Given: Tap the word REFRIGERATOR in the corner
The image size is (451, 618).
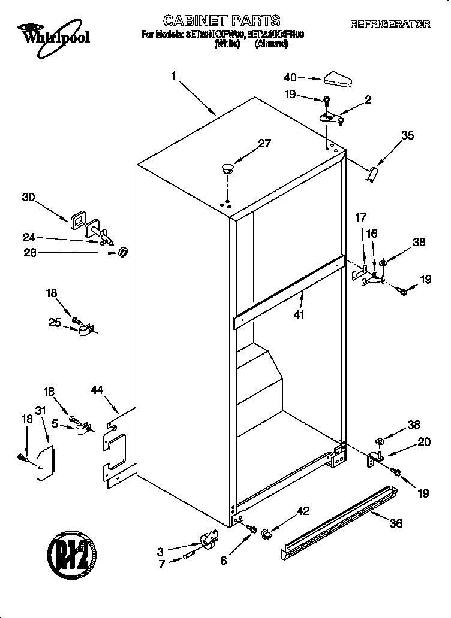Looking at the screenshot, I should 390,25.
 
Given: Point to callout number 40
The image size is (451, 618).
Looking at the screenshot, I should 290,77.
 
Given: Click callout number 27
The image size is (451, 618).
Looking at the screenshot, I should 264,143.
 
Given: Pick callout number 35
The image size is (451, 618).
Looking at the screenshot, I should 407,135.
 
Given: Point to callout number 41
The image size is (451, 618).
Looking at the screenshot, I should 299,314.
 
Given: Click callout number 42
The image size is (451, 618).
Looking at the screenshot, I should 304,510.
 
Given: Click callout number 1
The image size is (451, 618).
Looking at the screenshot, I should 173,76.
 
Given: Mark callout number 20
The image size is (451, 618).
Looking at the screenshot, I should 424,443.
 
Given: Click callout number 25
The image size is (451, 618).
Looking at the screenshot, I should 55,323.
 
